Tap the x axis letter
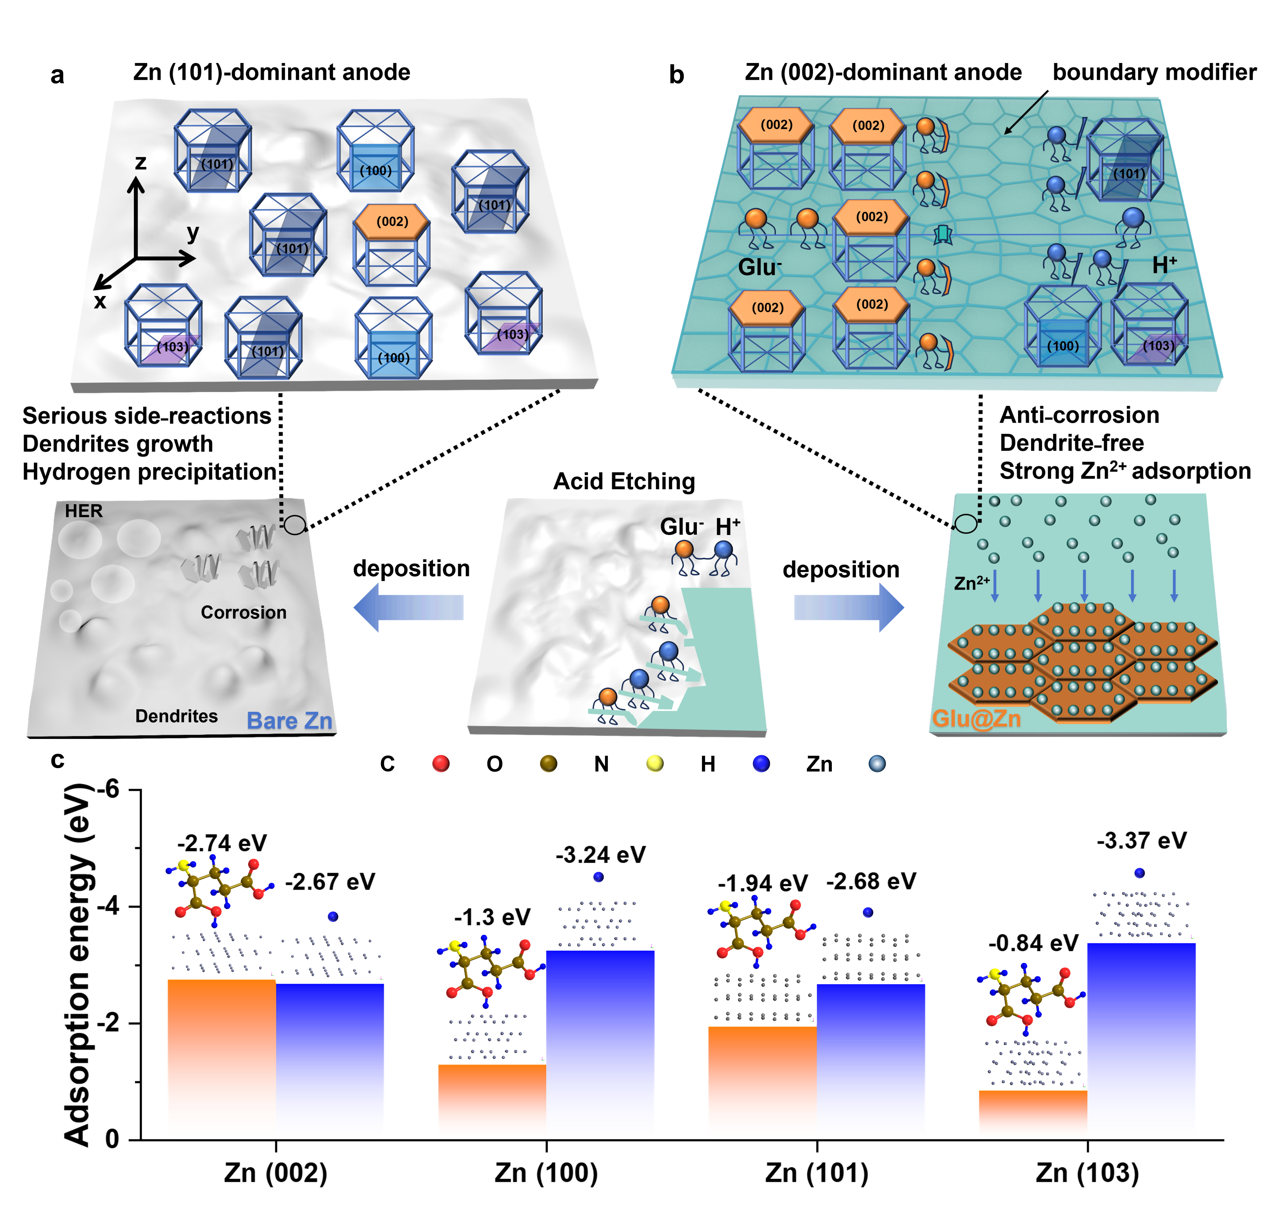click(x=100, y=301)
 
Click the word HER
click(x=84, y=511)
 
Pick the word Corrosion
click(x=244, y=612)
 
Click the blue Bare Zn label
click(x=289, y=721)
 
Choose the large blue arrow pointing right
click(x=849, y=607)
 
